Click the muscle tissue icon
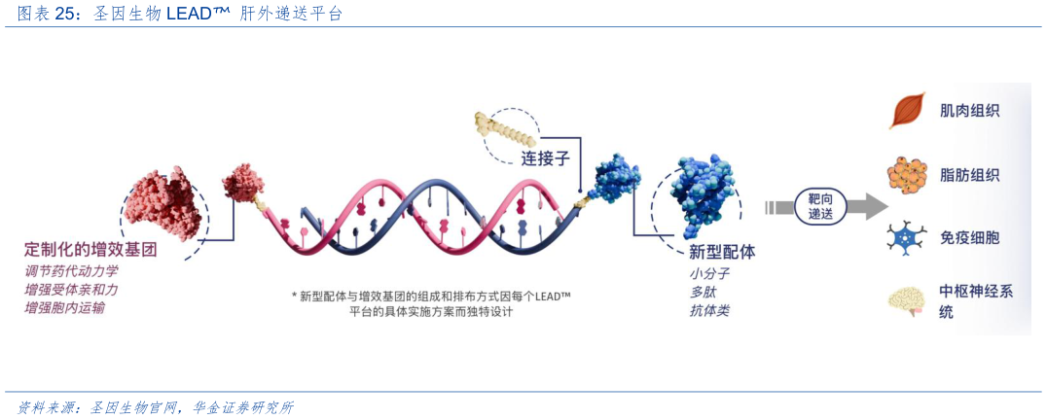[905, 111]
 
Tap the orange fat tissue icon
[906, 175]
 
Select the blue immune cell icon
[906, 238]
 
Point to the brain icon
[906, 301]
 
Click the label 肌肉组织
[969, 111]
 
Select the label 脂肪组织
[969, 175]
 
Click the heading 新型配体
[721, 252]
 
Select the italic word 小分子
[709, 273]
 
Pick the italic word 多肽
[704, 292]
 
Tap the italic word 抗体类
[709, 310]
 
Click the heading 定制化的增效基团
[90, 249]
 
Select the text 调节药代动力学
[71, 271]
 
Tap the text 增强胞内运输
[65, 308]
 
